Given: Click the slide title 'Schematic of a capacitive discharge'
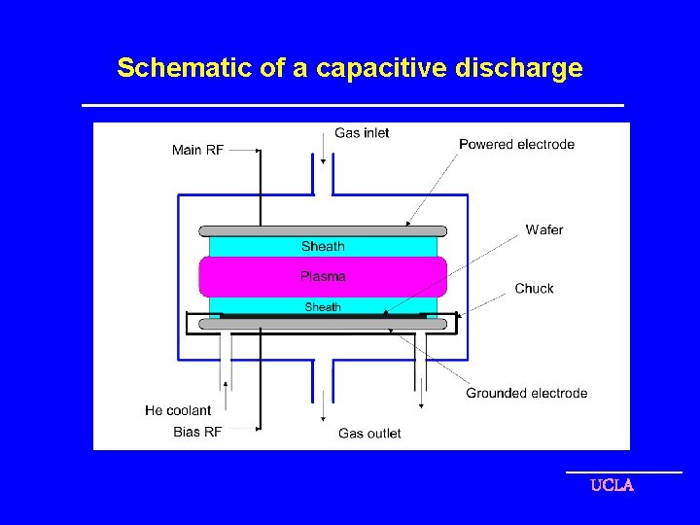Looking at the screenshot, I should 349,68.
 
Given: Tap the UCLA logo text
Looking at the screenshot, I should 612,485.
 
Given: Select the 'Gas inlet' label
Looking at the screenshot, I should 362,132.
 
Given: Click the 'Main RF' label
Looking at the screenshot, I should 197,150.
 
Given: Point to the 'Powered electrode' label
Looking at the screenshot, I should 516,144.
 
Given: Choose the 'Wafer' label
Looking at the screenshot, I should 543,229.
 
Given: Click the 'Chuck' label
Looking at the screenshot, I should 534,288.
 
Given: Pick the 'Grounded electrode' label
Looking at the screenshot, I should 526,393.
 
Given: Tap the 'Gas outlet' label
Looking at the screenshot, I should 369,433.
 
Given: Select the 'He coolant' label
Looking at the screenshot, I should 178,410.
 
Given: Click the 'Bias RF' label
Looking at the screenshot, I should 197,432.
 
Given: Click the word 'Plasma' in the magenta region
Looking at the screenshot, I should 323,276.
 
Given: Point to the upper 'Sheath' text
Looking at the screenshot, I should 323,246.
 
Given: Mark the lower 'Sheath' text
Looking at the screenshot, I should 323,307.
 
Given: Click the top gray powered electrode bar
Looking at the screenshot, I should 323,231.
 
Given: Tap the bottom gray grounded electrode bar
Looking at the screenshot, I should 323,325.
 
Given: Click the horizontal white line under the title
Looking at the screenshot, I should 352,105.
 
